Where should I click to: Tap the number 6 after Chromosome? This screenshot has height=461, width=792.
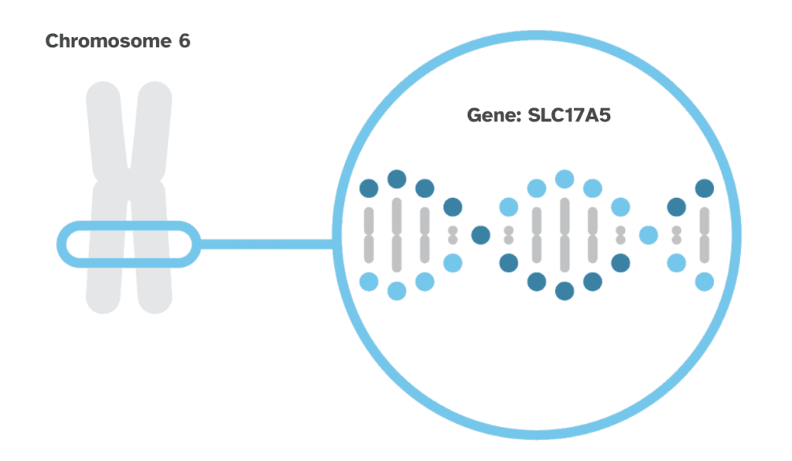pyautogui.click(x=183, y=41)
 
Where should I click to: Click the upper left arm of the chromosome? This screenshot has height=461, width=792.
pyautogui.click(x=104, y=128)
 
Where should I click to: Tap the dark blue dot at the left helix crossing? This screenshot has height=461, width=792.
pyautogui.click(x=480, y=234)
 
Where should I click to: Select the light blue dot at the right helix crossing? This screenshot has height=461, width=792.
pyautogui.click(x=648, y=234)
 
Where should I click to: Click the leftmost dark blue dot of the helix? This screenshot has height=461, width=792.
pyautogui.click(x=369, y=188)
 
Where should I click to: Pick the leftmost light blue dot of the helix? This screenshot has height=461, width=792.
pyautogui.click(x=369, y=281)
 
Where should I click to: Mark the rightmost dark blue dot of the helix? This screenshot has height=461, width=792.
pyautogui.click(x=704, y=188)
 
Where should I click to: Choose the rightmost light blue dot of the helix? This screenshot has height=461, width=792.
pyautogui.click(x=704, y=282)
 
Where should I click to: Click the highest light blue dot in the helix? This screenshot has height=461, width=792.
pyautogui.click(x=565, y=179)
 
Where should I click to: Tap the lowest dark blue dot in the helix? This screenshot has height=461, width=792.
pyautogui.click(x=565, y=291)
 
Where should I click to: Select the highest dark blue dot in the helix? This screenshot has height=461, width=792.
pyautogui.click(x=397, y=179)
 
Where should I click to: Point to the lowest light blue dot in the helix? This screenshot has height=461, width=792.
pyautogui.click(x=397, y=291)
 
